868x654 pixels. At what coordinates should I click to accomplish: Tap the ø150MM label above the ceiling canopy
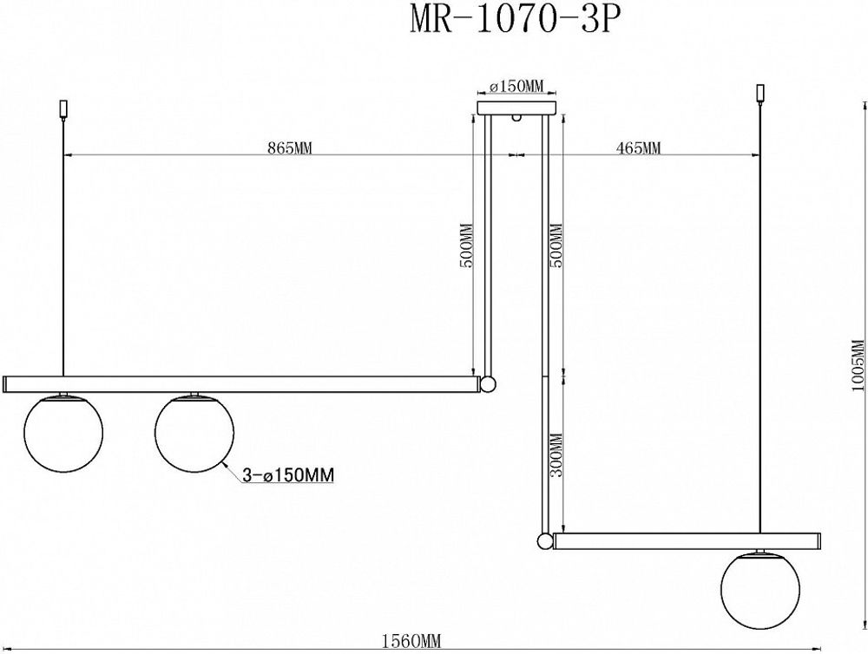tap(516, 86)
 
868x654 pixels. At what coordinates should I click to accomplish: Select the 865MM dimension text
tap(289, 147)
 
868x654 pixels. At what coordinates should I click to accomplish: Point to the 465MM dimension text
tap(639, 147)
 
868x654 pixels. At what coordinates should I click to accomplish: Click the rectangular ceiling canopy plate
tap(516, 108)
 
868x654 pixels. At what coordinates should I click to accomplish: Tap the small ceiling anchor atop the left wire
tap(62, 108)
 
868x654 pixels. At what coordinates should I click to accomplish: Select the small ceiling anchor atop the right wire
tap(761, 91)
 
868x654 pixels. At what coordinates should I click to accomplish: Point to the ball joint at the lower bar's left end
tap(544, 541)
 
